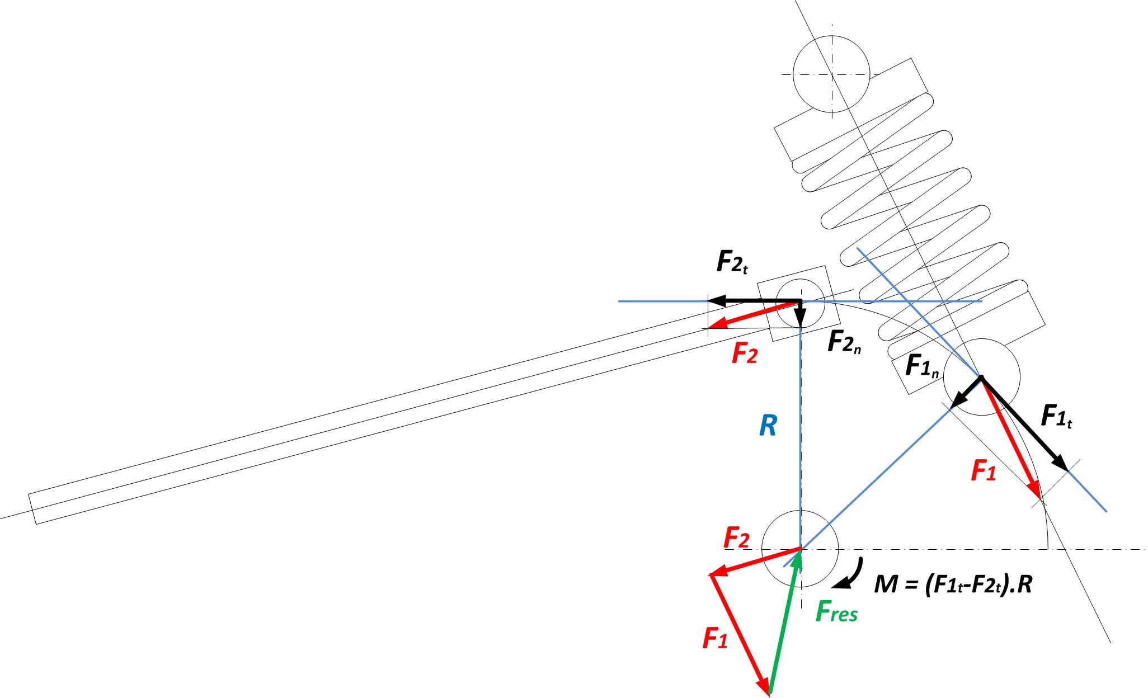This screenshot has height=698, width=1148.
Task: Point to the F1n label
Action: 921,367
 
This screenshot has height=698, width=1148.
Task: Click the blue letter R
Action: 768,427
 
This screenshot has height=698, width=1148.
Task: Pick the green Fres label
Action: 836,612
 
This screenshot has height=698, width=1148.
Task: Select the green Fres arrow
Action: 785,621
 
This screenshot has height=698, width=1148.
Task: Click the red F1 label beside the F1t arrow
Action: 983,471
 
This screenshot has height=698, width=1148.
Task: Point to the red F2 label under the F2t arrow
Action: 745,355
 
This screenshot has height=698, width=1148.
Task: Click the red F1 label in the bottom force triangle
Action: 716,638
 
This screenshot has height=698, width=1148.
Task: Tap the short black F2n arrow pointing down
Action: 801,314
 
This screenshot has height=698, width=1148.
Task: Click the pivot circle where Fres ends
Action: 801,549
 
